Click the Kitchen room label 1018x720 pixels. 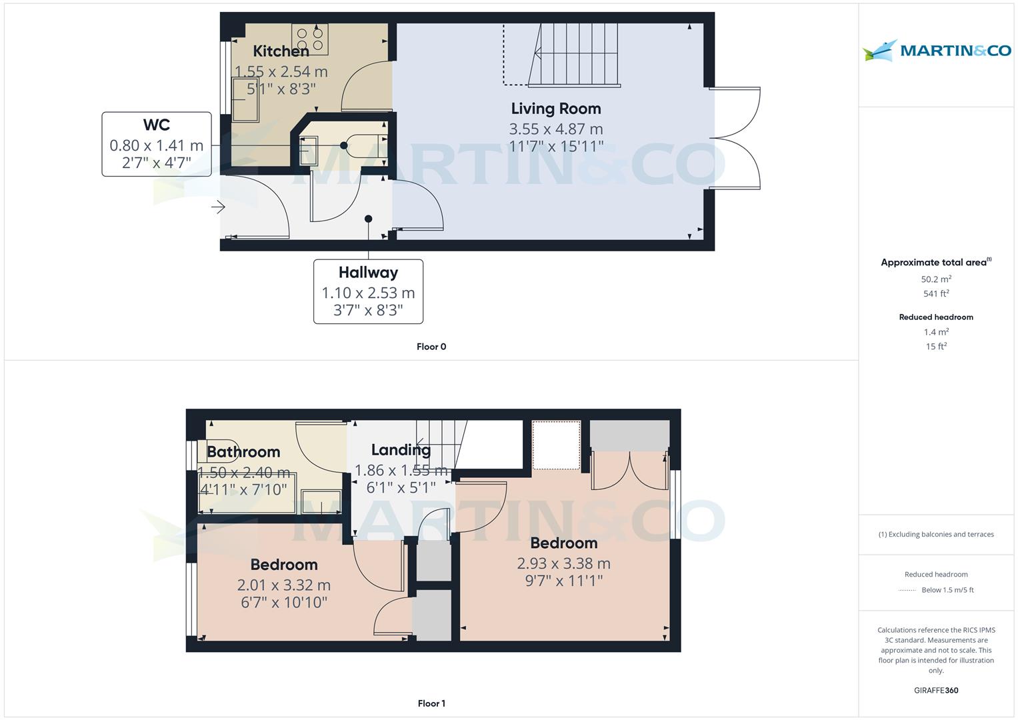[x=281, y=51]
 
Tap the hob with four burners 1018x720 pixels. [x=309, y=39]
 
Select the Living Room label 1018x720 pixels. [x=556, y=109]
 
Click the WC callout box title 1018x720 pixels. [x=157, y=125]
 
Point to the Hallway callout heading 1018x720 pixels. [x=368, y=272]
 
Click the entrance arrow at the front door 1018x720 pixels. [x=218, y=207]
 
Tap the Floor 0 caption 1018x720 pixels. [x=431, y=347]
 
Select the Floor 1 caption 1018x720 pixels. [x=431, y=703]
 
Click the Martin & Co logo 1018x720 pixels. [x=937, y=50]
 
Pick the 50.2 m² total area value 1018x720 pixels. [x=936, y=279]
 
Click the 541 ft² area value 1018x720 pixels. [x=936, y=293]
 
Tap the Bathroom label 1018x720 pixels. [x=243, y=452]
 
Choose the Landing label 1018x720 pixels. [x=401, y=450]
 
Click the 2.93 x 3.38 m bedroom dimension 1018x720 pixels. [x=563, y=563]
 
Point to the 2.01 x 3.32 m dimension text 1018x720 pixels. [x=283, y=585]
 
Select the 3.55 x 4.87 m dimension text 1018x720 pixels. [x=556, y=129]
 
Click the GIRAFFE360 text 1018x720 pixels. [x=936, y=691]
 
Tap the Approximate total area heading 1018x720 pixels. [x=936, y=262]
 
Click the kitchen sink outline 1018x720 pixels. [x=245, y=99]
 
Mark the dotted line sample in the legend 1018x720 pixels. [x=907, y=591]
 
